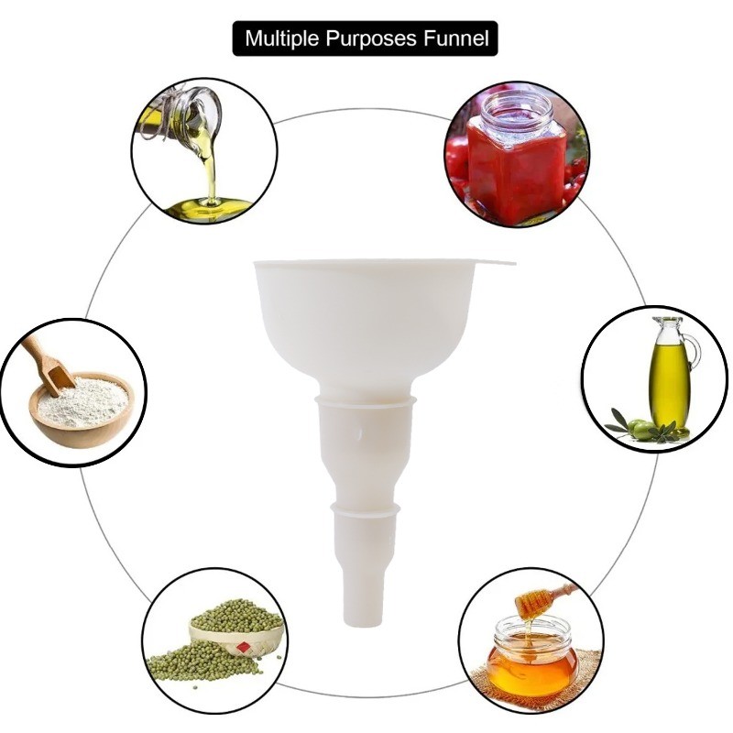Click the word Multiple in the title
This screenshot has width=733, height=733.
click(282, 38)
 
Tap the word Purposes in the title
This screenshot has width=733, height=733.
click(370, 38)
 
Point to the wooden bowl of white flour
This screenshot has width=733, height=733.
click(82, 409)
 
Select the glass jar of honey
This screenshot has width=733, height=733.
click(533, 657)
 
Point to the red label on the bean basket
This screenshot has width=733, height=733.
click(243, 647)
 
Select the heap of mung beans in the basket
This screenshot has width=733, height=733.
click(237, 616)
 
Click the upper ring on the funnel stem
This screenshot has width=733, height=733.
click(366, 401)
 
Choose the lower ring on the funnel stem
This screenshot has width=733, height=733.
click(366, 509)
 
